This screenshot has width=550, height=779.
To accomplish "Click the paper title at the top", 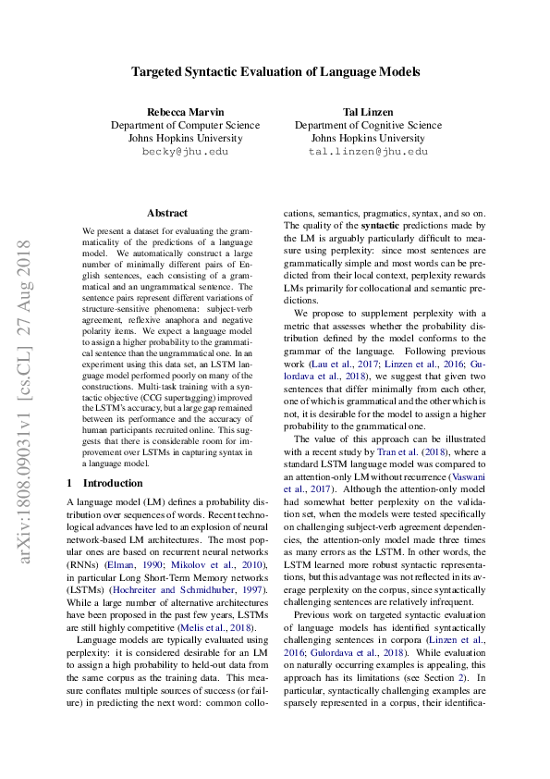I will click(x=275, y=71).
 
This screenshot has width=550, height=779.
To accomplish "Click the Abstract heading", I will click(x=166, y=213).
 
